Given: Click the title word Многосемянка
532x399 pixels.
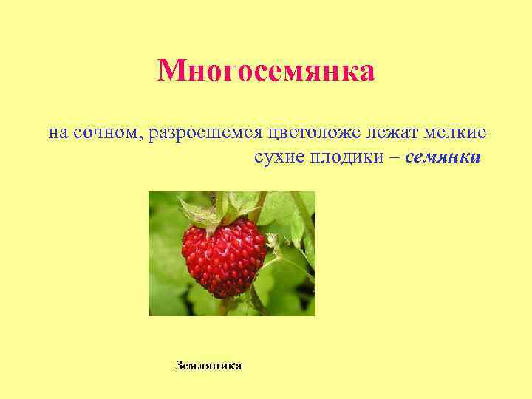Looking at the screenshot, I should (266, 72).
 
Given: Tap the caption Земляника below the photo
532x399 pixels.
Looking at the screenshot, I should (208, 366).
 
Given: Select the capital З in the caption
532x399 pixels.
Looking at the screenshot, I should (180, 366).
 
